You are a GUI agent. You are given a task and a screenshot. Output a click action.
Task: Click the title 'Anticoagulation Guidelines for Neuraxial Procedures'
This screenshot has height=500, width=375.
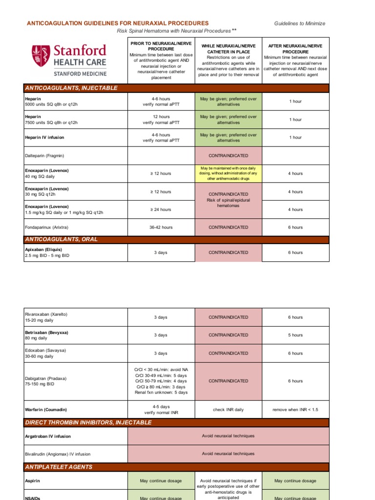pos(117,23)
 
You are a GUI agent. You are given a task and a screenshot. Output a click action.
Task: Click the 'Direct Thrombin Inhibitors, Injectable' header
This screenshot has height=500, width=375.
pos(88,422)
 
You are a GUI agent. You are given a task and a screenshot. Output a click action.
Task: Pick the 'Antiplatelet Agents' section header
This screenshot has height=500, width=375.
pos(59,467)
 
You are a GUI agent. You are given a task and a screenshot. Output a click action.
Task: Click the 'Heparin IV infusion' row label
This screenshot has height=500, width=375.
pos(44,138)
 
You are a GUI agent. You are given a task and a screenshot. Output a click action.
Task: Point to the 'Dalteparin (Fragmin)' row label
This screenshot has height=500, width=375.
pos(44,156)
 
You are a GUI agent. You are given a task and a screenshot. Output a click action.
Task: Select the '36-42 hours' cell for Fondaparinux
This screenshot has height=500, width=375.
pos(161,228)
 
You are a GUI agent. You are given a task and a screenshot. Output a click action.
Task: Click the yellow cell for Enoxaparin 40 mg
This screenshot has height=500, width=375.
pos(229,173)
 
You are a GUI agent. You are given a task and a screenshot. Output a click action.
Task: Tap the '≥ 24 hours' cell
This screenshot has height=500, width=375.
pos(161,209)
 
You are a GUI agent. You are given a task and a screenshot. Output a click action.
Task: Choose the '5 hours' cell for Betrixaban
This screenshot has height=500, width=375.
pos(295,335)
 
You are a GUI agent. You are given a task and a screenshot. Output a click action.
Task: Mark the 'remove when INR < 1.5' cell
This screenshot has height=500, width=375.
pos(295,410)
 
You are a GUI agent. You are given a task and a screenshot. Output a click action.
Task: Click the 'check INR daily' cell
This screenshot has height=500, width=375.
pos(229,410)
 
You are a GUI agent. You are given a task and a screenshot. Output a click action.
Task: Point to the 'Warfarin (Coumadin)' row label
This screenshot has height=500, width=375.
pos(46,410)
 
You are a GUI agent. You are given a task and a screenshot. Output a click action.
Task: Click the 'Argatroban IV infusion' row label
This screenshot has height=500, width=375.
pos(48,436)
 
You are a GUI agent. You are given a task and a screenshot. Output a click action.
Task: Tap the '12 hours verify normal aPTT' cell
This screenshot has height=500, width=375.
pos(161,120)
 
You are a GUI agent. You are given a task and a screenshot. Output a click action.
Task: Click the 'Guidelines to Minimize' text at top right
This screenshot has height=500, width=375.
pos(299,23)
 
